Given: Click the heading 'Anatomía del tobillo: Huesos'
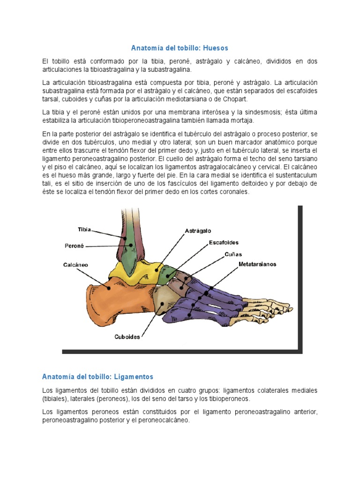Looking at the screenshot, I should click(179, 48).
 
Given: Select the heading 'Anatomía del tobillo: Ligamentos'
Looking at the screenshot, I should click(97, 376).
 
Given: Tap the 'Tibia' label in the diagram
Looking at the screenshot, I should click(84, 230).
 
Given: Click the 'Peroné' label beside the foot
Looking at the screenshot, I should click(74, 245).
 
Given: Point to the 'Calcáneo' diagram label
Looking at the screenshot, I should click(75, 265).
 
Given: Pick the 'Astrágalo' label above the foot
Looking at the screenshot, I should click(198, 231).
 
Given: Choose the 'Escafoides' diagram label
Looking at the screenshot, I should click(224, 243).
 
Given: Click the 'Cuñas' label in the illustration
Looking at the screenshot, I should click(233, 254).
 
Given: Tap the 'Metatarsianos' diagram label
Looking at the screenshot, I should click(257, 264).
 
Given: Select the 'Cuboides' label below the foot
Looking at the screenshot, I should click(127, 337).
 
